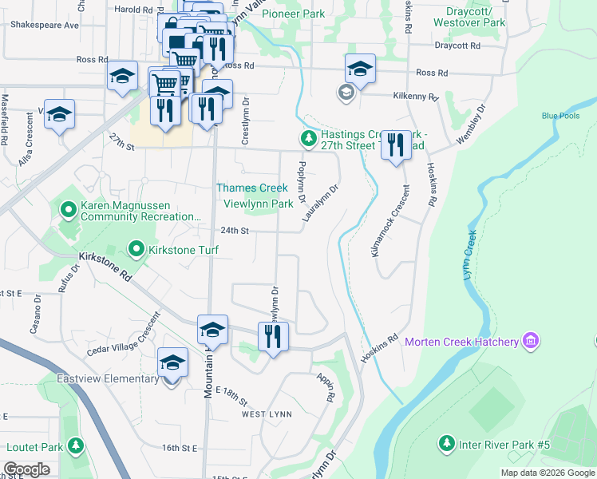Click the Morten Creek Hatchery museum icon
(531, 342)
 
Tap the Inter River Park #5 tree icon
(446, 443)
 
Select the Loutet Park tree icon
(75, 445)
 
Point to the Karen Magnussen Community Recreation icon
(69, 210)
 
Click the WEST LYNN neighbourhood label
(267, 414)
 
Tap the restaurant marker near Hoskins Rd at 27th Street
(395, 145)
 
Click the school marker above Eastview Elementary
(172, 362)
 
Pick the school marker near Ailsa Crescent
(59, 114)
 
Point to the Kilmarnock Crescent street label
(389, 221)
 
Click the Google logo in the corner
(26, 469)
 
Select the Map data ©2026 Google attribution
(547, 473)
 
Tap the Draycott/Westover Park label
(469, 17)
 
